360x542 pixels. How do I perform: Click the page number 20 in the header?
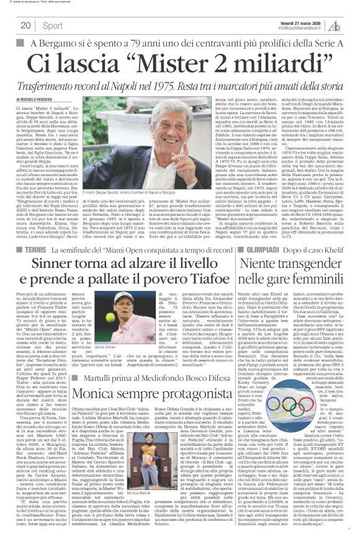[x=25, y=25]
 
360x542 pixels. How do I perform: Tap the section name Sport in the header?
[x=53, y=25]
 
